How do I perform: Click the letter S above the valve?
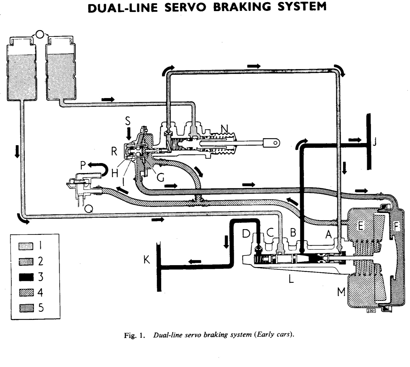[128, 121]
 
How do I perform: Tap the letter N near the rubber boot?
[224, 128]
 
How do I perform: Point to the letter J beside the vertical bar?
[374, 142]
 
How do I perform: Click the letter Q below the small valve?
[89, 209]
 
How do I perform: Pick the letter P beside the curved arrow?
[83, 165]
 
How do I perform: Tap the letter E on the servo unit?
[360, 226]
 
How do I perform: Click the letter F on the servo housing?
[396, 227]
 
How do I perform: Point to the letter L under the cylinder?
[291, 279]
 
